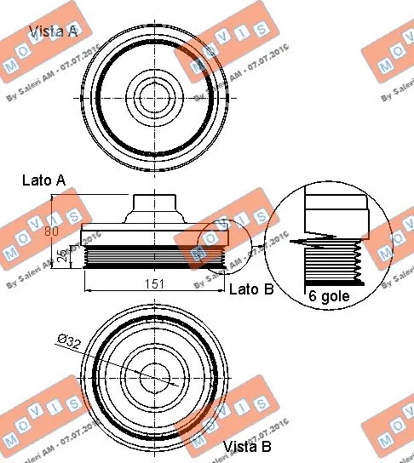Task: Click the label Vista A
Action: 53,31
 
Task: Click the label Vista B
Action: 247,446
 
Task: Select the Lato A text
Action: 43,180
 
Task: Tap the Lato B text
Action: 252,289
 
